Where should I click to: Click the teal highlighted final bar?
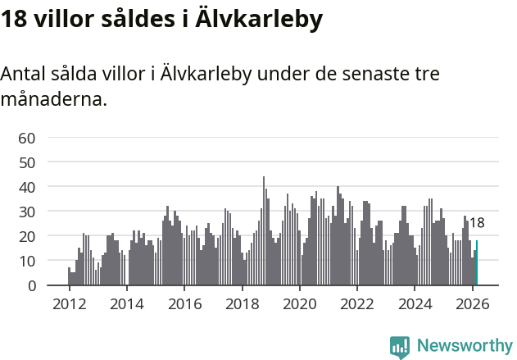pyautogui.click(x=477, y=263)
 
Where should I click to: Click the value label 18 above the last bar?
pyautogui.click(x=477, y=223)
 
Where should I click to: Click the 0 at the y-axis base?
pyautogui.click(x=30, y=285)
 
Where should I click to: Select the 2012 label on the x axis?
pyautogui.click(x=69, y=303)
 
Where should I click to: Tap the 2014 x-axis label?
pyautogui.click(x=126, y=303)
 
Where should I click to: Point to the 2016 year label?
pyautogui.click(x=184, y=303)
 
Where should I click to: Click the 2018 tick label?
pyautogui.click(x=242, y=303)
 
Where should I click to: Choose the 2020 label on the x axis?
pyautogui.click(x=299, y=303)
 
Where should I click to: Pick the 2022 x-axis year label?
pyautogui.click(x=357, y=303)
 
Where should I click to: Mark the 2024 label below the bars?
pyautogui.click(x=415, y=303)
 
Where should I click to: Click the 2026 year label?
pyautogui.click(x=472, y=303)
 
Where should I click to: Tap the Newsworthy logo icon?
pyautogui.click(x=400, y=347)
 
